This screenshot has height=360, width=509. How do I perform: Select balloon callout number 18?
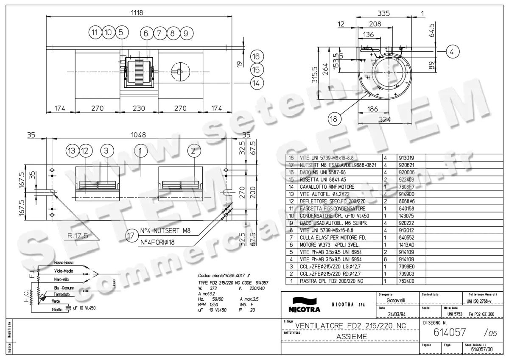pos(335,119)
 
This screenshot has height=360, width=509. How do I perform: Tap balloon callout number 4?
pos(452,52)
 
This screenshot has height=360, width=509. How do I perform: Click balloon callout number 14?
pos(255,84)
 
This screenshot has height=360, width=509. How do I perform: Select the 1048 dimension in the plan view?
pos(138,135)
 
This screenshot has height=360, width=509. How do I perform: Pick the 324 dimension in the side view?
pos(384,120)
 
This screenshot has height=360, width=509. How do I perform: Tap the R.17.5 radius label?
pos(77,236)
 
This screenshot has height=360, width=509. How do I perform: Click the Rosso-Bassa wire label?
pos(65,262)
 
